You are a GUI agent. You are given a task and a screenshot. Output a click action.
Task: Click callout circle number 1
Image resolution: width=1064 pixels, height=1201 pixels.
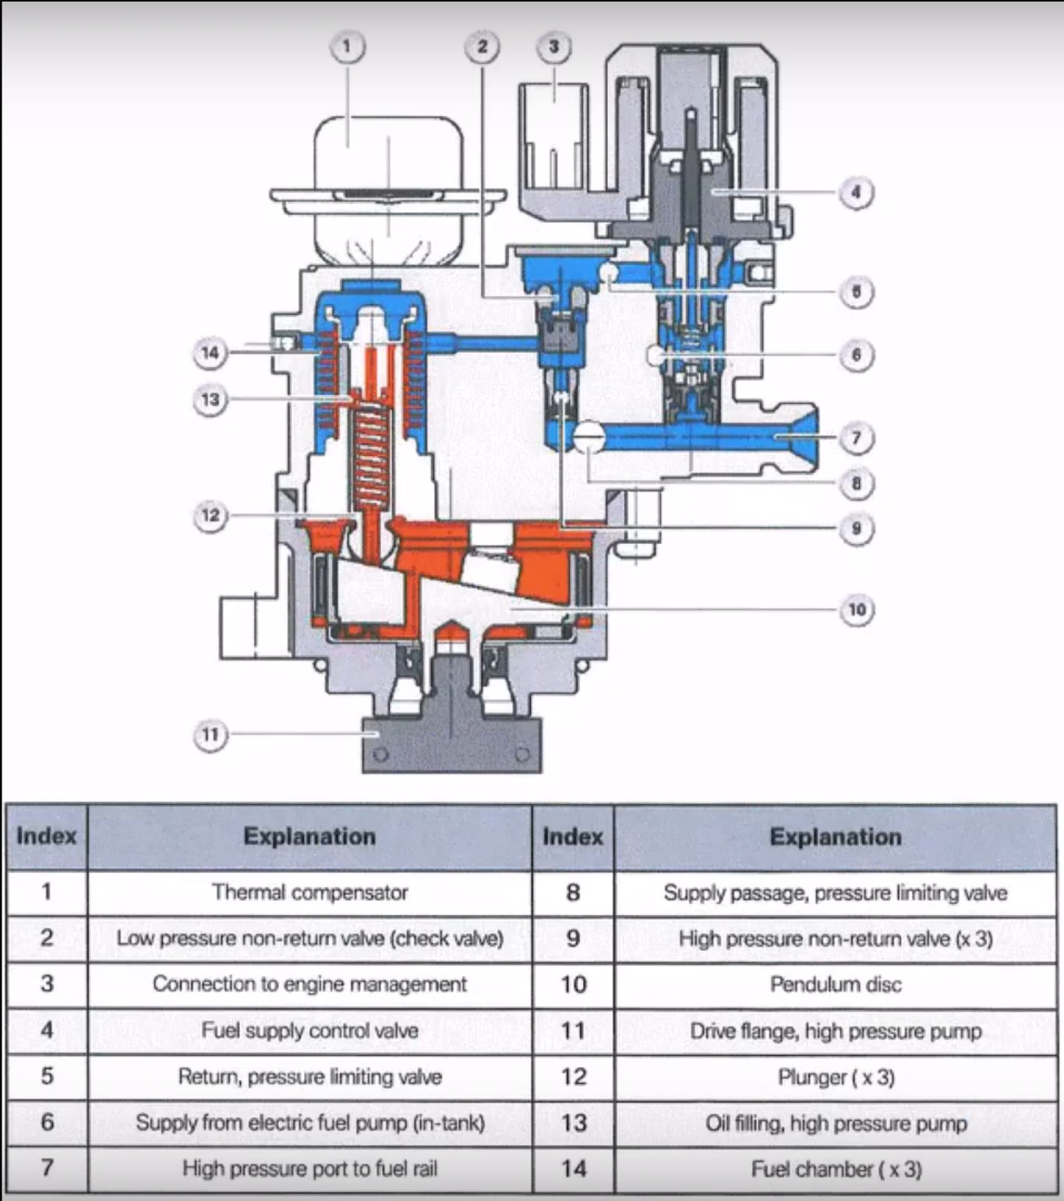pyautogui.click(x=347, y=47)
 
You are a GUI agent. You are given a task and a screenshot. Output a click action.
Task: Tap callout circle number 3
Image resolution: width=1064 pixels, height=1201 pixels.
pyautogui.click(x=553, y=47)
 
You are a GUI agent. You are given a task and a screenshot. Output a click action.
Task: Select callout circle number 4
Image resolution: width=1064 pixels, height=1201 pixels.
pyautogui.click(x=856, y=192)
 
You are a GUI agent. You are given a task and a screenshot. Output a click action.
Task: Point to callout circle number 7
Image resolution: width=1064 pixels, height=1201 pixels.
pyautogui.click(x=856, y=438)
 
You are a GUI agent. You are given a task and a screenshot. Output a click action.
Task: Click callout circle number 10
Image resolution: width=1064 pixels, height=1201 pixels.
pyautogui.click(x=857, y=609)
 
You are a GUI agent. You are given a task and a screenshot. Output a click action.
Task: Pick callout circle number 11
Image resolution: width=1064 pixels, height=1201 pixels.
pyautogui.click(x=210, y=734)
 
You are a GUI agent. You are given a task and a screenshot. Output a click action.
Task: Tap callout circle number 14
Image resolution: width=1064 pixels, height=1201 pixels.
pyautogui.click(x=210, y=353)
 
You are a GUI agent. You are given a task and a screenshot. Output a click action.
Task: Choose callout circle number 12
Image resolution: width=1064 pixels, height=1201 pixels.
pyautogui.click(x=210, y=515)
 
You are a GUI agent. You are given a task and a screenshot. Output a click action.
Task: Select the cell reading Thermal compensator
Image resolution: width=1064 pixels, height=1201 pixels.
pyautogui.click(x=309, y=892)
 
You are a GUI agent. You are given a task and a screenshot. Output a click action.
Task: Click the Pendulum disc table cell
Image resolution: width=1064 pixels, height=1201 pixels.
pyautogui.click(x=836, y=984)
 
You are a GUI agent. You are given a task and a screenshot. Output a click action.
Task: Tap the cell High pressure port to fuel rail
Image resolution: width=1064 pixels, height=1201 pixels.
pyautogui.click(x=309, y=1168)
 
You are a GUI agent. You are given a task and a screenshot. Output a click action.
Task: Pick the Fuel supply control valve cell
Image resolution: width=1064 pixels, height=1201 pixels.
pyautogui.click(x=309, y=1030)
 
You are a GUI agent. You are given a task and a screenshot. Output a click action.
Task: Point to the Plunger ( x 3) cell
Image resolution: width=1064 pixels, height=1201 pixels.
pyautogui.click(x=836, y=1077)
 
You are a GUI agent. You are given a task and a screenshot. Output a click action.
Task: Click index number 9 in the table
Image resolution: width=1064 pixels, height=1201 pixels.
pyautogui.click(x=573, y=938)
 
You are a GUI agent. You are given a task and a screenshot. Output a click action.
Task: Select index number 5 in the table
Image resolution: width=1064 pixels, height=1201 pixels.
pyautogui.click(x=47, y=1076)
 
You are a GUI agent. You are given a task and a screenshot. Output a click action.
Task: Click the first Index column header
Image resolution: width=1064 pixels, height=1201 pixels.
pyautogui.click(x=47, y=836)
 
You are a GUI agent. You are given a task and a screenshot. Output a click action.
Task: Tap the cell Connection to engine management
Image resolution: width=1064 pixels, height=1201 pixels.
pyautogui.click(x=309, y=984)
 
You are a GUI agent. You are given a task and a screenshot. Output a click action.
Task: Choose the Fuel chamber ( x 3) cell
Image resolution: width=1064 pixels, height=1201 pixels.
pyautogui.click(x=836, y=1169)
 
